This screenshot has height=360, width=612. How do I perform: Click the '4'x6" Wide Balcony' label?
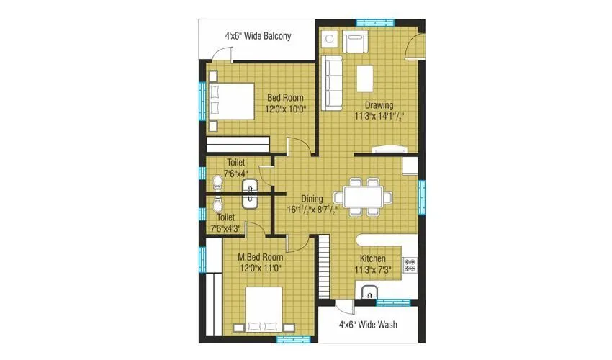(258, 35)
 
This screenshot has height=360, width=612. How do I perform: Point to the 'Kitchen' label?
(373, 259)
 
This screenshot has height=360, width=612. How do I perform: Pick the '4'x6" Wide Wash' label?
(368, 325)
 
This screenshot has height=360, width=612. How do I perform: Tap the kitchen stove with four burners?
(411, 264)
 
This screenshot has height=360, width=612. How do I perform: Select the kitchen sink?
(369, 292)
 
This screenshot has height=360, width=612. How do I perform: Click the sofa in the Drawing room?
(332, 84)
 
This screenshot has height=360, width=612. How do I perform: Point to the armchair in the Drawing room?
(354, 43)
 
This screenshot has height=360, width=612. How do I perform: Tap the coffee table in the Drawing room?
(364, 77)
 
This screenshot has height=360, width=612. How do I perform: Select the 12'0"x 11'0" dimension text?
(260, 268)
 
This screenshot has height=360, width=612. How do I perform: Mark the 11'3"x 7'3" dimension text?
(373, 271)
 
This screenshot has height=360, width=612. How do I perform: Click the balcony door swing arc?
(222, 53)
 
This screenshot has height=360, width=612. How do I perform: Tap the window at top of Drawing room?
(371, 22)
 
